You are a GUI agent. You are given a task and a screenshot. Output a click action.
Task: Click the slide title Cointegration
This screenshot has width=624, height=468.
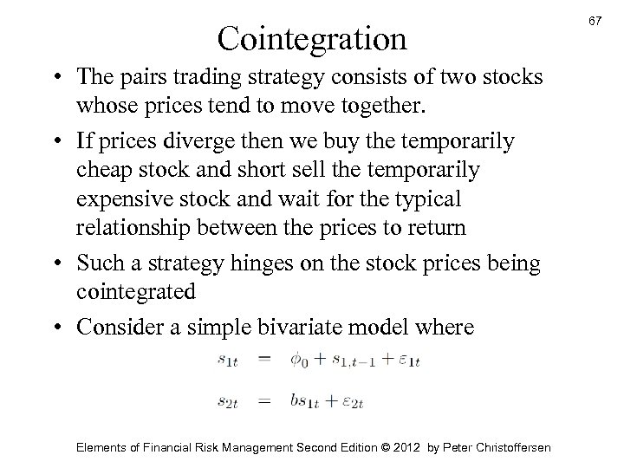[x=312, y=37]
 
